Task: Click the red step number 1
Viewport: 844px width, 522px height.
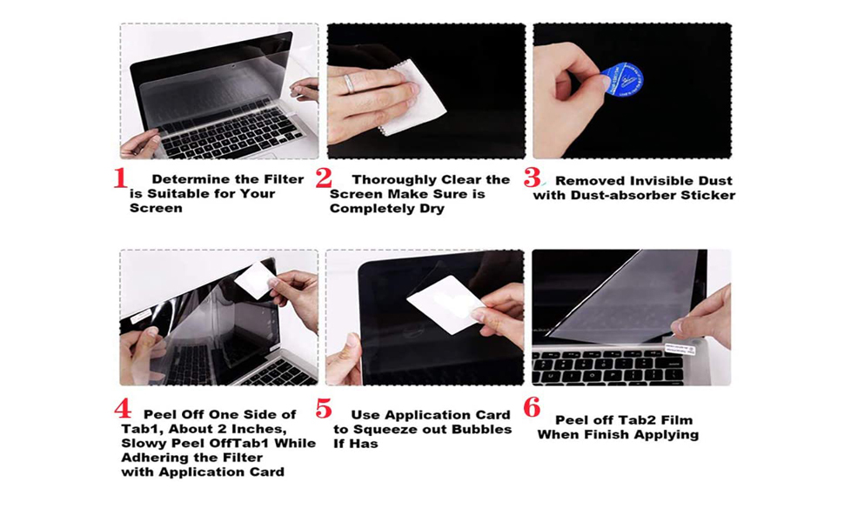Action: tap(120, 178)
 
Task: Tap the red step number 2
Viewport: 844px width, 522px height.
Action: tap(324, 178)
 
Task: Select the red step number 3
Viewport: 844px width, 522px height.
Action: tap(531, 178)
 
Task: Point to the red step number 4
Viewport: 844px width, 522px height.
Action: tap(123, 409)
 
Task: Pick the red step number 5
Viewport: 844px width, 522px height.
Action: tap(324, 409)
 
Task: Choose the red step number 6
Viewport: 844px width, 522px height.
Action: tap(532, 407)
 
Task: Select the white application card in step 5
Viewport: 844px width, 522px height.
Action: tap(444, 306)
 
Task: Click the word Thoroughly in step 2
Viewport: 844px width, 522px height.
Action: tap(394, 180)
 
